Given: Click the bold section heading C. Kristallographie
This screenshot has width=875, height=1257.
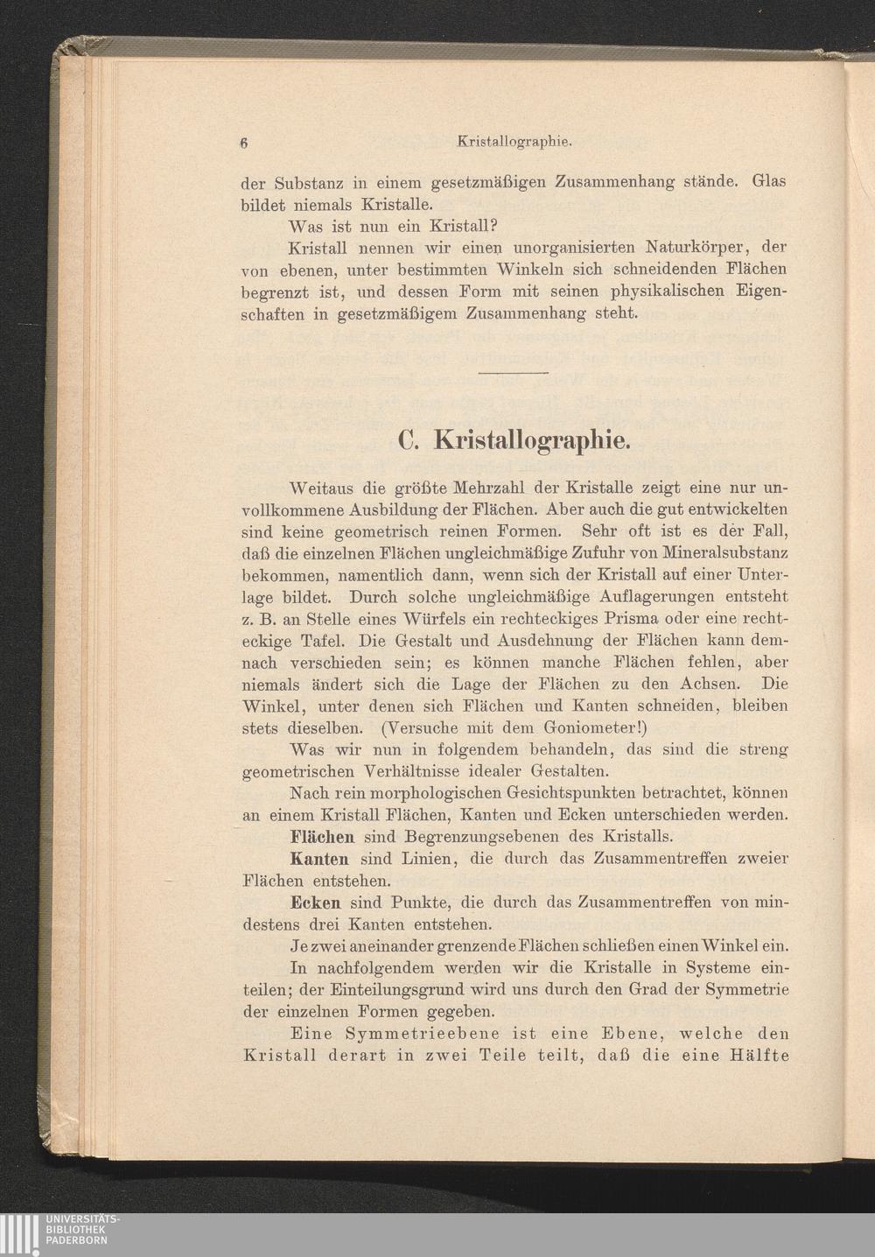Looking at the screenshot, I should point(513,440).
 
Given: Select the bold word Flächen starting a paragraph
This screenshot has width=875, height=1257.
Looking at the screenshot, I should point(322,837).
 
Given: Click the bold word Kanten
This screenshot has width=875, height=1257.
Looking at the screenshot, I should point(319,859).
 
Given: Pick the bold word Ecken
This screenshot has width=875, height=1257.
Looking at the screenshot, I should point(315,902).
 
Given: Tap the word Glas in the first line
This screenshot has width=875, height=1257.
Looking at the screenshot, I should point(769,182).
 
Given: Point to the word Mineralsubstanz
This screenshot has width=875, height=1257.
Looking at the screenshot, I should point(724,553).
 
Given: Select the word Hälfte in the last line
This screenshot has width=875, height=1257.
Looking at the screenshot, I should point(759,1055).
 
